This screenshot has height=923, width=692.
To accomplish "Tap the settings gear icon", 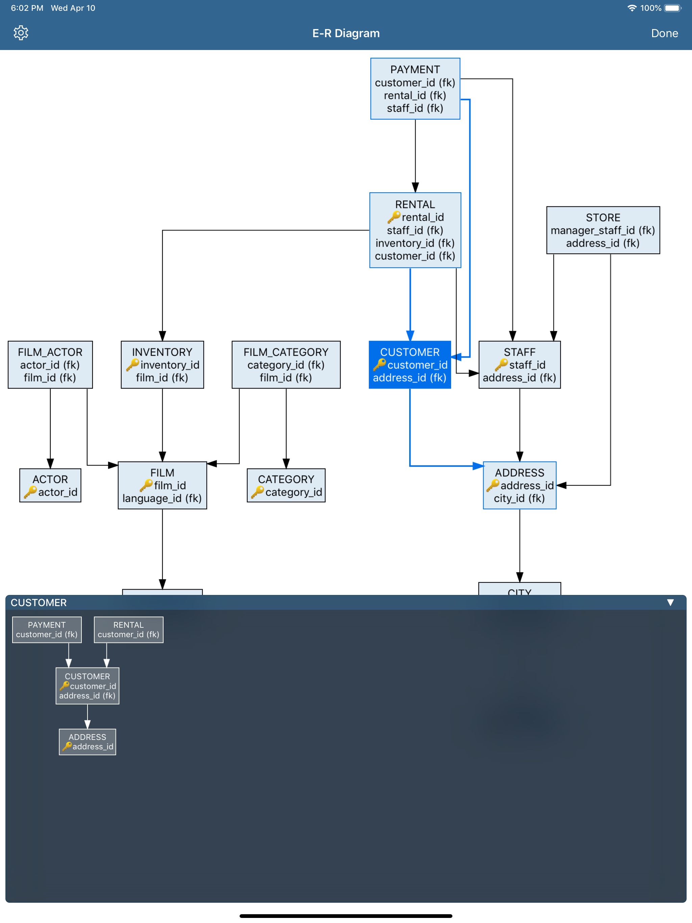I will pos(21,33).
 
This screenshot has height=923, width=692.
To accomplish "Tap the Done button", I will pos(664,33).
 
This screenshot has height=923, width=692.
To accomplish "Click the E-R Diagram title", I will pos(346,33).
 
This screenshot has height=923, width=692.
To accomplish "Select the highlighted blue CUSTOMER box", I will pos(410,364).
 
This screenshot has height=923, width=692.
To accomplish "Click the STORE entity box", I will pos(603,230).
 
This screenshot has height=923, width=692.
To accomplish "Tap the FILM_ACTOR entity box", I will pos(50,364).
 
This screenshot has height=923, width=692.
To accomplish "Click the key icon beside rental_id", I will pos(393,217).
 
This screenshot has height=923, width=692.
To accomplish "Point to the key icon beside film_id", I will pos(146,485).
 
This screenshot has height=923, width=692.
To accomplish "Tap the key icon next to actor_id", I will pos(30,492).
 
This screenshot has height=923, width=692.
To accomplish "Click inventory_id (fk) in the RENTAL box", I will pos(415,243).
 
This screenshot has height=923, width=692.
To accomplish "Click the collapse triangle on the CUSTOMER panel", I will pos(670,602).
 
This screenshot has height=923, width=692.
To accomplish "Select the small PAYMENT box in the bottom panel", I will pos(47,629).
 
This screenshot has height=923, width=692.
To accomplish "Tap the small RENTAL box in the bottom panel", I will pos(128,629).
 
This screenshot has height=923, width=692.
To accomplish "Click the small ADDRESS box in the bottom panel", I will pos(87,742).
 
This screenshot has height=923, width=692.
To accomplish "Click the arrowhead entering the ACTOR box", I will pos(50,463).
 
